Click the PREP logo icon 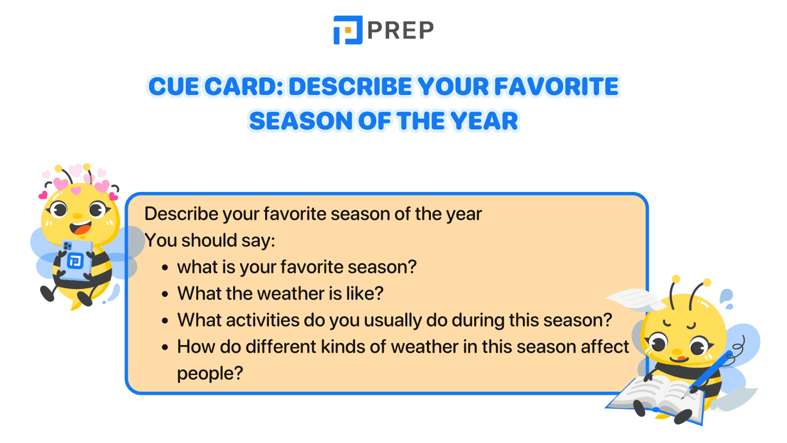pos(348,30)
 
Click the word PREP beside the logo pos(400,31)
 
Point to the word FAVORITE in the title pos(556,87)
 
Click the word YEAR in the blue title pos(484,121)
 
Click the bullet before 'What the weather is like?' pos(165,294)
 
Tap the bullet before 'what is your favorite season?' pos(165,268)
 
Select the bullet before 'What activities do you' pos(165,321)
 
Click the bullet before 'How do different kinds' pos(165,348)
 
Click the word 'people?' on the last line pos(210,374)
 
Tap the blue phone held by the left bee pos(76,259)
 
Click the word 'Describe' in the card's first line pos(181,214)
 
